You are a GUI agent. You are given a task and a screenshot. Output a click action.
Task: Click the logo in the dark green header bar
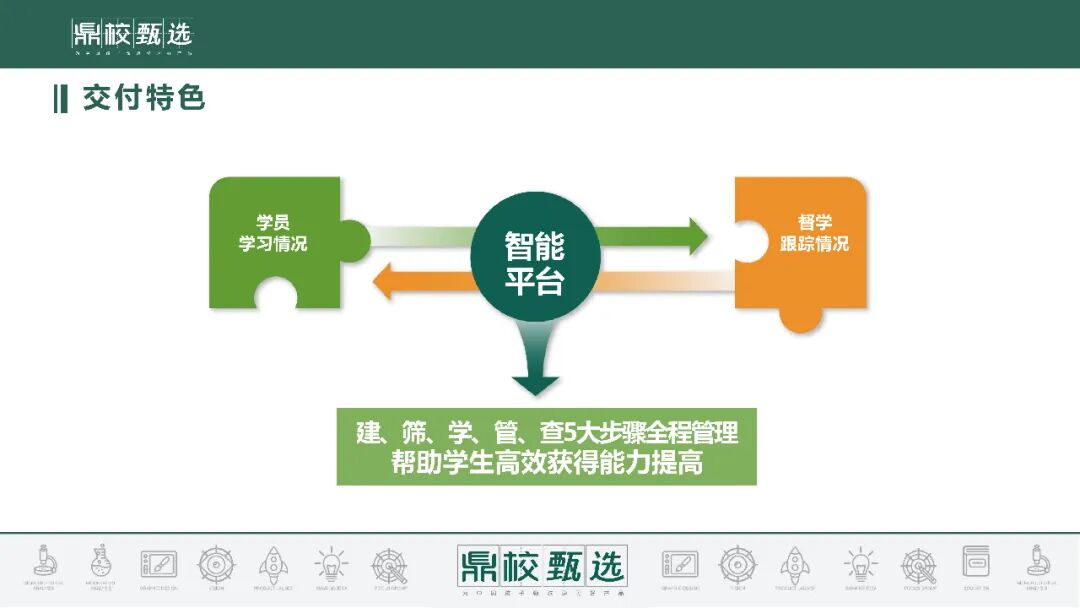(131, 36)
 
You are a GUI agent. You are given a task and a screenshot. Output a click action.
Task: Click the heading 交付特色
(144, 98)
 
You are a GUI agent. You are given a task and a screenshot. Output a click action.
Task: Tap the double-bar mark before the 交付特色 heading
(60, 99)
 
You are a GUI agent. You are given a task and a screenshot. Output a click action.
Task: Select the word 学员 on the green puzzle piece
(272, 223)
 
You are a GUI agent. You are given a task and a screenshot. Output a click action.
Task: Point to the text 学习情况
(272, 244)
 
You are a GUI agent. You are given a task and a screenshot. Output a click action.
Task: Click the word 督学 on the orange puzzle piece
(814, 222)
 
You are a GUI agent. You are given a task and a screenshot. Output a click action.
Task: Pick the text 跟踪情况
(814, 244)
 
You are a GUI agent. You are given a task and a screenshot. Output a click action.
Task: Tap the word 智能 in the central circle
(534, 245)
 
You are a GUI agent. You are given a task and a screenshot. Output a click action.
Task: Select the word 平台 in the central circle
(534, 282)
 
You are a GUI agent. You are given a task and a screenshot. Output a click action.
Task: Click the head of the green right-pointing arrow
(691, 237)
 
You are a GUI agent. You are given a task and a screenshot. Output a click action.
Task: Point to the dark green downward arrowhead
(535, 384)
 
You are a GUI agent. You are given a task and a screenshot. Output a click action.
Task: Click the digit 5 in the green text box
(571, 434)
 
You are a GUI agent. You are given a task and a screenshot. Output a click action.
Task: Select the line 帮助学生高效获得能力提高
(546, 464)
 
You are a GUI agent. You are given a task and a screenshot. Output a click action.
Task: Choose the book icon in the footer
(975, 562)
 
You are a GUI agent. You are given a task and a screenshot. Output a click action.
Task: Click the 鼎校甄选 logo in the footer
(541, 566)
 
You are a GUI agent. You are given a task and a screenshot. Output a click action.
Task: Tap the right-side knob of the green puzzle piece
(354, 241)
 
